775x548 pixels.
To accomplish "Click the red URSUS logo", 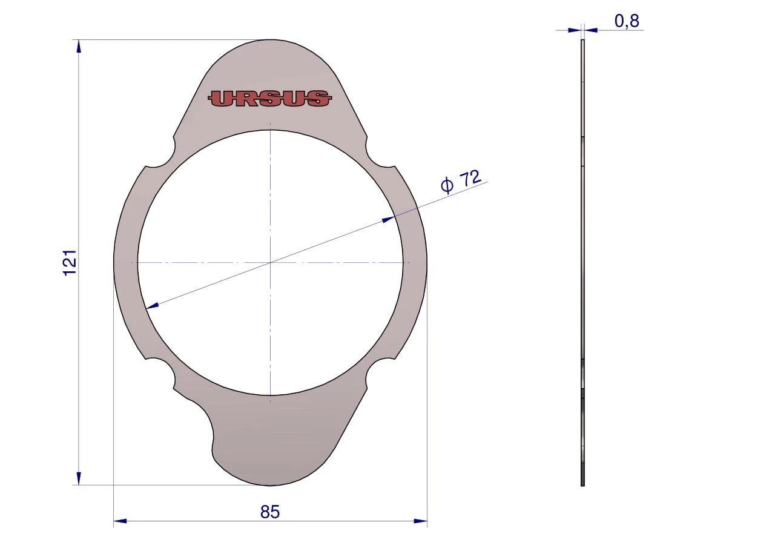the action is [x=270, y=98].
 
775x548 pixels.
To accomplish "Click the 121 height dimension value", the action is [x=70, y=262].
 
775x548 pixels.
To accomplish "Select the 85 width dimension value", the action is [x=270, y=512].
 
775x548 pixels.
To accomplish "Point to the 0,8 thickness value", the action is [x=627, y=21].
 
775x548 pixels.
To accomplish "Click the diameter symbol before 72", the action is [x=447, y=185].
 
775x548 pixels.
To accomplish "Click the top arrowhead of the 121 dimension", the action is [x=79, y=47].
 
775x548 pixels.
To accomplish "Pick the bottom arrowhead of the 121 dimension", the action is [x=79, y=478].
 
